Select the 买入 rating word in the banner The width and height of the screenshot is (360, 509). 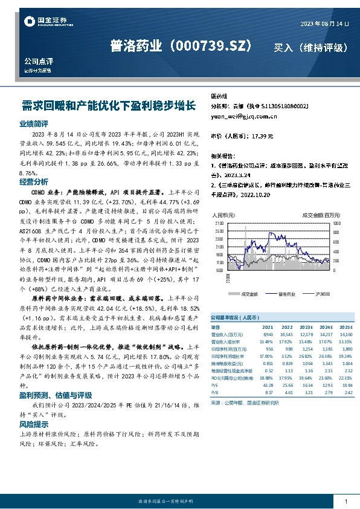(x=283, y=47)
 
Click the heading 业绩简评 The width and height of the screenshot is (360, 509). (x=34, y=123)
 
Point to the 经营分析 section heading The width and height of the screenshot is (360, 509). (x=34, y=181)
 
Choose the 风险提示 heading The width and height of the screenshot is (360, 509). (x=34, y=424)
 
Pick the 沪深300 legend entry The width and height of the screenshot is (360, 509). (x=318, y=294)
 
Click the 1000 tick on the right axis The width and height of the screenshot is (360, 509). (x=337, y=223)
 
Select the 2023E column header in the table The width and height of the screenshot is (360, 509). (x=306, y=326)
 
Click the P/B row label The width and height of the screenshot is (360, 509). (x=213, y=392)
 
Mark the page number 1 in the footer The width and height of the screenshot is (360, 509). (x=346, y=502)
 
